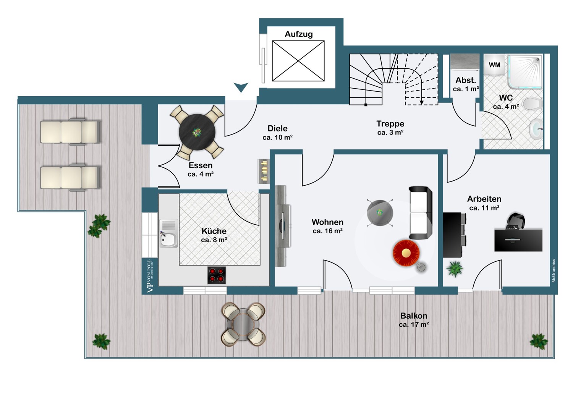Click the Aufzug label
298,34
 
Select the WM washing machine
494,65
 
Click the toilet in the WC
532,104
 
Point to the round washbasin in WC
536,129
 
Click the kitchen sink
168,233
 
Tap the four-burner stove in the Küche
217,275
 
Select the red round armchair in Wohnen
406,253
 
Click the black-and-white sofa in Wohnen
420,212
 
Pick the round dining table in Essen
197,132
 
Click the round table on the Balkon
243,324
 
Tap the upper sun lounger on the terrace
70,132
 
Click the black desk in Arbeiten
518,240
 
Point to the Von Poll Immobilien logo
150,276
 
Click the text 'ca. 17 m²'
414,325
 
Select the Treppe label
390,124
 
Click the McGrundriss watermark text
554,271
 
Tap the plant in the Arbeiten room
455,269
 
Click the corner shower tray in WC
525,71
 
